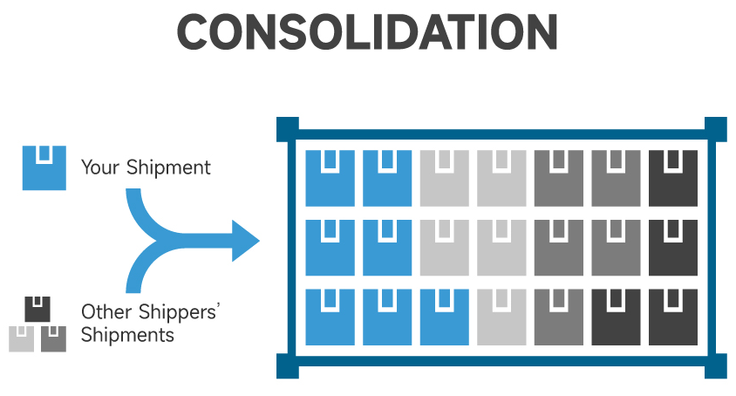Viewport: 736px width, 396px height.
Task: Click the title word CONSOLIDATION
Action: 367,33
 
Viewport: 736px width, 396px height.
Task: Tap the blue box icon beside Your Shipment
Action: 44,167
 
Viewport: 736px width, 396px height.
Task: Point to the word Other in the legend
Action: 104,311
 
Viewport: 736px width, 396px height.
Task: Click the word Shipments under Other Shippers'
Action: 127,334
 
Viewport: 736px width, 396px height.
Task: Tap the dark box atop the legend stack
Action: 37,309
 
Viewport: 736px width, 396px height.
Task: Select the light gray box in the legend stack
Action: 22,338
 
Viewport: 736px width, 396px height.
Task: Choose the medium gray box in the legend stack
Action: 53,338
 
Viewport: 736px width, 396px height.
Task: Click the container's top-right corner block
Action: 715,130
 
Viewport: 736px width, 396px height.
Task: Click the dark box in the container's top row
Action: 672,178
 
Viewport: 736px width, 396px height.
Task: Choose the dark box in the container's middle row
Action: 672,248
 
